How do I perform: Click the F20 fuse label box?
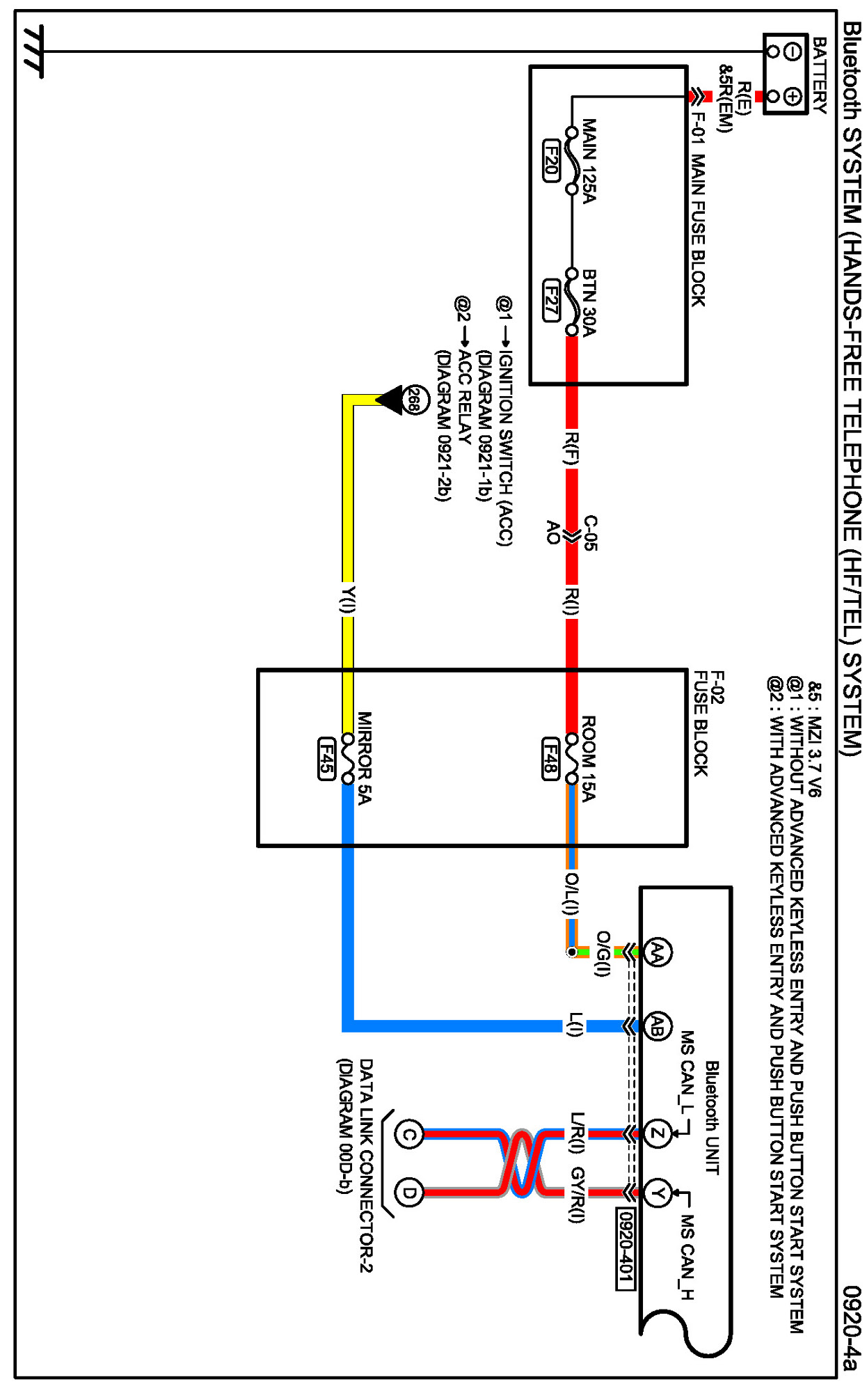coord(551,161)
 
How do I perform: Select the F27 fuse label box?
coord(551,301)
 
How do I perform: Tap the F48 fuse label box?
coord(551,759)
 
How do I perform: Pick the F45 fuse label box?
coord(326,759)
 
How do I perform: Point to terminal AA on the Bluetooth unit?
coord(657,952)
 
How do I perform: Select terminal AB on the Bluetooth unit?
coord(657,1026)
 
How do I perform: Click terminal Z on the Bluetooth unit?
coord(657,1134)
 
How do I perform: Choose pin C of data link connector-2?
coord(409,1135)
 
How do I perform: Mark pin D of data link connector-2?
coord(409,1193)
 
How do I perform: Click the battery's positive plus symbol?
coord(793,96)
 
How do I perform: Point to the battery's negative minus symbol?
coord(793,52)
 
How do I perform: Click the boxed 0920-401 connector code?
coord(626,1246)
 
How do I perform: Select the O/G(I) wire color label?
coord(603,954)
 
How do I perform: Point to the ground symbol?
coord(33,52)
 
